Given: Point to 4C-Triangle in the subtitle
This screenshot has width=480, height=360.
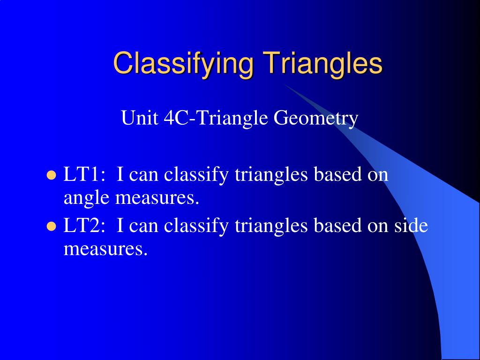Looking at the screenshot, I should [216, 118].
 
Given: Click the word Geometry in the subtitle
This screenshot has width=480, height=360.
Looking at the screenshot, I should [316, 119].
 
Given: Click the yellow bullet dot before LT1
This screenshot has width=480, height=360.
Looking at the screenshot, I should [52, 176].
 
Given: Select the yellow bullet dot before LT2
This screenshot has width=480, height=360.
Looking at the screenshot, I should [52, 227].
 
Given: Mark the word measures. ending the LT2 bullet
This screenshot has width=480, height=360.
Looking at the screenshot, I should [105, 249].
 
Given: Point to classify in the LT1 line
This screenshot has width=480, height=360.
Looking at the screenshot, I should [196, 176].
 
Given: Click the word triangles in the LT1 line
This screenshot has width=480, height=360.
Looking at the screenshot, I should [271, 176].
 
